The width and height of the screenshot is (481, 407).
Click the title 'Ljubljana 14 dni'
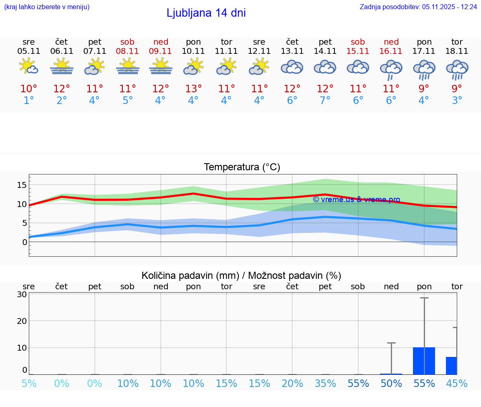(x=206, y=13)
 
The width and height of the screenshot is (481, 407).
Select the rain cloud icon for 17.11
(x=424, y=69)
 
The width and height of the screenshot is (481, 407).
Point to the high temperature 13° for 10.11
(x=193, y=89)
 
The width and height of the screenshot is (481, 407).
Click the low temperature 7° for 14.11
(x=325, y=101)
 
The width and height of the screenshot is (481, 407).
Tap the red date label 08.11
(x=128, y=51)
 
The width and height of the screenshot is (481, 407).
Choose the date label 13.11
(x=292, y=51)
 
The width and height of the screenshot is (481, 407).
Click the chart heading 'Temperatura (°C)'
(x=242, y=167)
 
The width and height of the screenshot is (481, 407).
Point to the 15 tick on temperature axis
(x=22, y=185)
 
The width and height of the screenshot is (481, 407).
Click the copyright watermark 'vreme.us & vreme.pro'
(x=356, y=200)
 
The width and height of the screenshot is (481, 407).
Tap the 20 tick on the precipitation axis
(x=22, y=321)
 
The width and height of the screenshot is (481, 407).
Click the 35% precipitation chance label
(x=325, y=384)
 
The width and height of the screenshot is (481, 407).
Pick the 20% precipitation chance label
(x=292, y=384)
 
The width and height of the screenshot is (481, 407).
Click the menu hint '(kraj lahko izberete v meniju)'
(x=47, y=7)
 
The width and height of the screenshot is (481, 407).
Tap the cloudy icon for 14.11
(x=325, y=67)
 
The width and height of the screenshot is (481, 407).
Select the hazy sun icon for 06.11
(x=62, y=66)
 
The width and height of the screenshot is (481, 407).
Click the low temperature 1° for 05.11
(x=29, y=101)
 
